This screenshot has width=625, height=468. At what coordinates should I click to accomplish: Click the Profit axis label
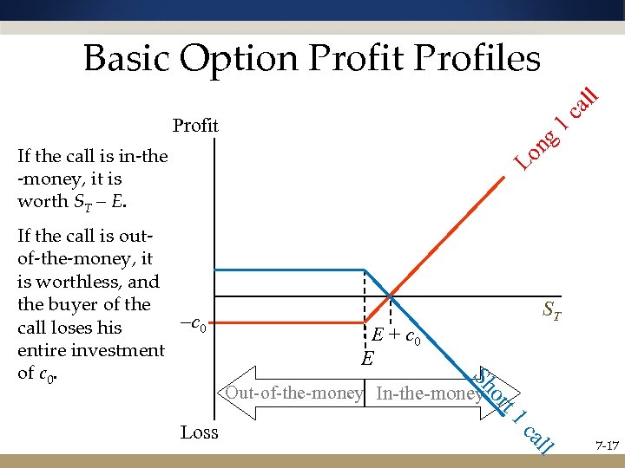[195, 126]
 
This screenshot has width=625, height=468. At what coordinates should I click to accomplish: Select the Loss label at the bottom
[199, 432]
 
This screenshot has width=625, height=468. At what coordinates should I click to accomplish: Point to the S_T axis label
[551, 308]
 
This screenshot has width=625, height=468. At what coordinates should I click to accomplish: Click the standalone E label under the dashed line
[368, 356]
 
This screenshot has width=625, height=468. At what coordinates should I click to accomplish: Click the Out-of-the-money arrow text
[293, 393]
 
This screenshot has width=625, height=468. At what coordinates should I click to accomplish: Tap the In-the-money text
[428, 393]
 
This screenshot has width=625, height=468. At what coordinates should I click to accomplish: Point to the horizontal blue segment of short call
[286, 270]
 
